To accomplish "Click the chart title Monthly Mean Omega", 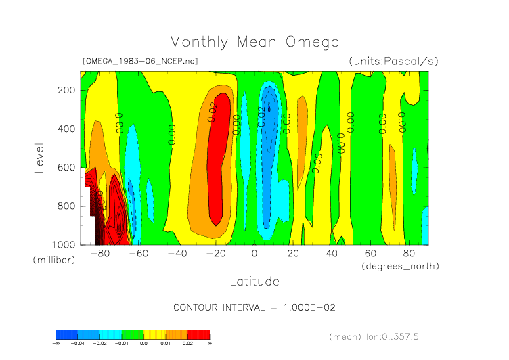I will point(255,43).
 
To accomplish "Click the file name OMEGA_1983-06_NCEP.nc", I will point(140,61).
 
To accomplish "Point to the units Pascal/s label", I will point(393,61).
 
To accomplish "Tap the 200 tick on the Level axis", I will point(66,90).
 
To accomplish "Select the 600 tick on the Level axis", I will point(66,167).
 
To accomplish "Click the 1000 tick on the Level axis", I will point(63,244).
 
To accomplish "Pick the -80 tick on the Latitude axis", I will point(100,254).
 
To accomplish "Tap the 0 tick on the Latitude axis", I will point(255,254).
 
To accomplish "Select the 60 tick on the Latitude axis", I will point(370,254).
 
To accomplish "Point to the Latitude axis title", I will point(255,280).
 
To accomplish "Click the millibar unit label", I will point(51,260).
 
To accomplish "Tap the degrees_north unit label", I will point(401,266).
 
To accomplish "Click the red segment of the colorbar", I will point(199,334).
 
